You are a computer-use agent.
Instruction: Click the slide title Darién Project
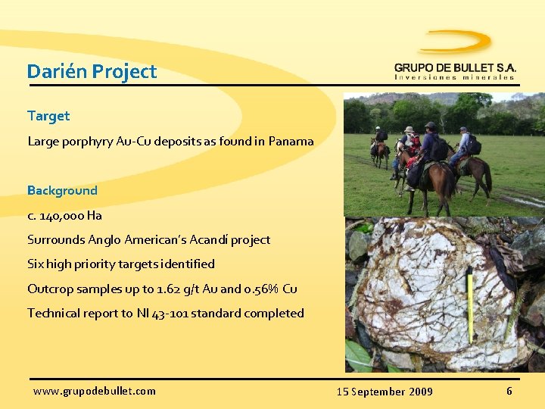92,72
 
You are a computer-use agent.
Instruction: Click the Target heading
48,116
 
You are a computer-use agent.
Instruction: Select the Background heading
62,190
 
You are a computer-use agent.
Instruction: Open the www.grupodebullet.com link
95,391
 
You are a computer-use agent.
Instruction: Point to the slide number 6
509,391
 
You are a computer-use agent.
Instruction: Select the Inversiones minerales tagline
454,77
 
